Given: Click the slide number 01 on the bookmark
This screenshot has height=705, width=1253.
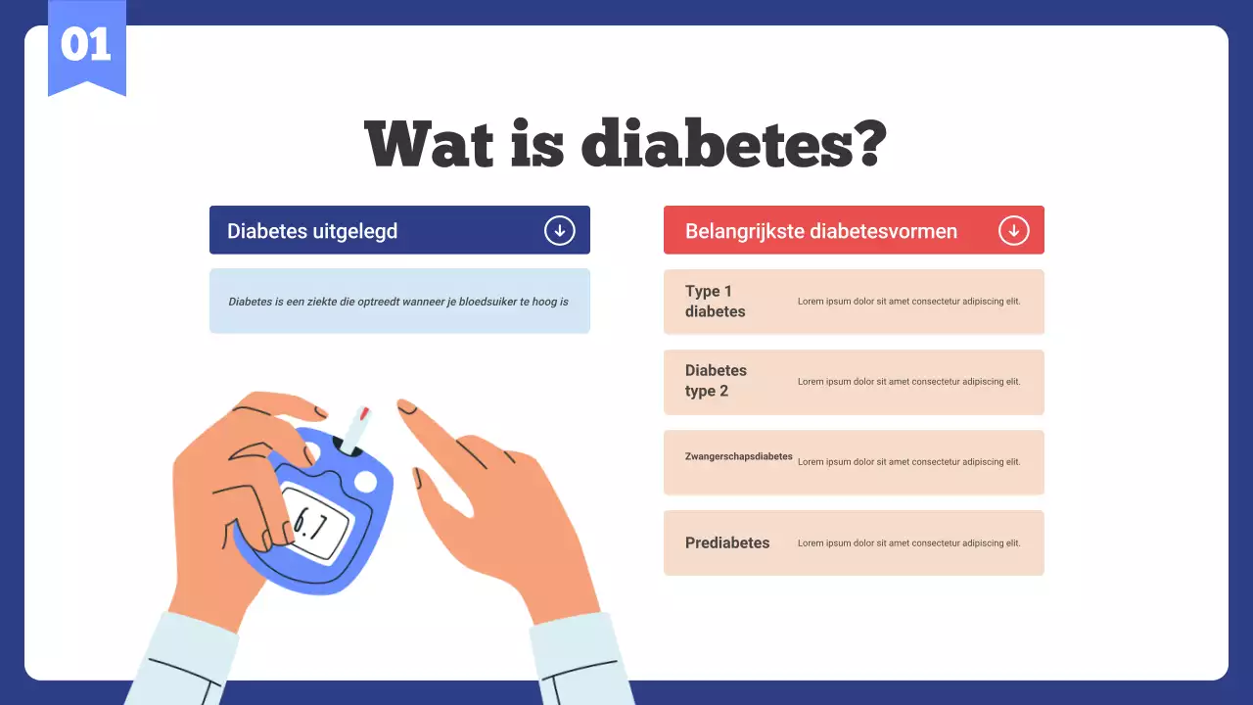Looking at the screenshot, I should click(x=86, y=45).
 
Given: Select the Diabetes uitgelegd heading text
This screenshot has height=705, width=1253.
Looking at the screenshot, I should click(x=312, y=231).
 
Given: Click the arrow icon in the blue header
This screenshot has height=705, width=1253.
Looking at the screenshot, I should click(x=559, y=231).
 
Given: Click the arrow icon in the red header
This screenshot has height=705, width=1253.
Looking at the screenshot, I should click(x=1013, y=231).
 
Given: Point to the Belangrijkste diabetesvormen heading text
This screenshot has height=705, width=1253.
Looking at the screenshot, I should click(x=820, y=231).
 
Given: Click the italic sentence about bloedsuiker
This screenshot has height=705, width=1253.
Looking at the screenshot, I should click(x=398, y=302).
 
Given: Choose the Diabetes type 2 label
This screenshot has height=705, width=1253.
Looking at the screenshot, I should click(x=715, y=381).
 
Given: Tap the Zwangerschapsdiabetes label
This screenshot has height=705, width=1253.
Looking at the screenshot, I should click(x=738, y=456).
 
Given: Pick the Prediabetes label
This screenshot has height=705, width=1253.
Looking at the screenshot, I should click(x=727, y=542).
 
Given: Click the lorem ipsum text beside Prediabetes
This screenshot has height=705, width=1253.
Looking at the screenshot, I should click(x=908, y=543).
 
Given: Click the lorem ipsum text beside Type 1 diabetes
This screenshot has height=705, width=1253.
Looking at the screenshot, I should click(x=908, y=302).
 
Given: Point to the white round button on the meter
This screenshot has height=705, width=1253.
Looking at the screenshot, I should click(x=365, y=481).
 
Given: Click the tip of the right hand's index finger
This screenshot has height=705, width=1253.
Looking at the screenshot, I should click(x=404, y=404).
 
